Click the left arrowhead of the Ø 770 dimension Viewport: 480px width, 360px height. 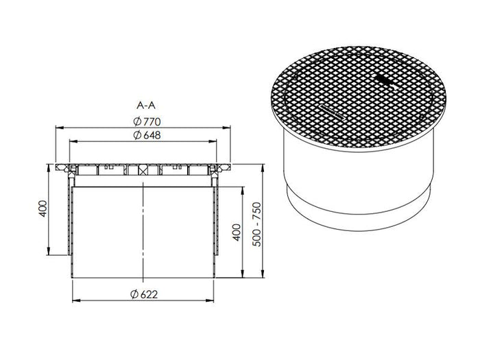[x=58, y=128]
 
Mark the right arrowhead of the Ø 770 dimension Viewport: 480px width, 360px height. [x=230, y=128]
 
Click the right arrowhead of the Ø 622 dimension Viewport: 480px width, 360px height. [x=215, y=301]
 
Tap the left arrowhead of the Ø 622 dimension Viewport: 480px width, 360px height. [x=74, y=301]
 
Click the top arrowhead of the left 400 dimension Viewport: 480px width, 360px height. [x=49, y=166]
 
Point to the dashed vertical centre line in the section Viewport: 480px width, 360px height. [x=143, y=226]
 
